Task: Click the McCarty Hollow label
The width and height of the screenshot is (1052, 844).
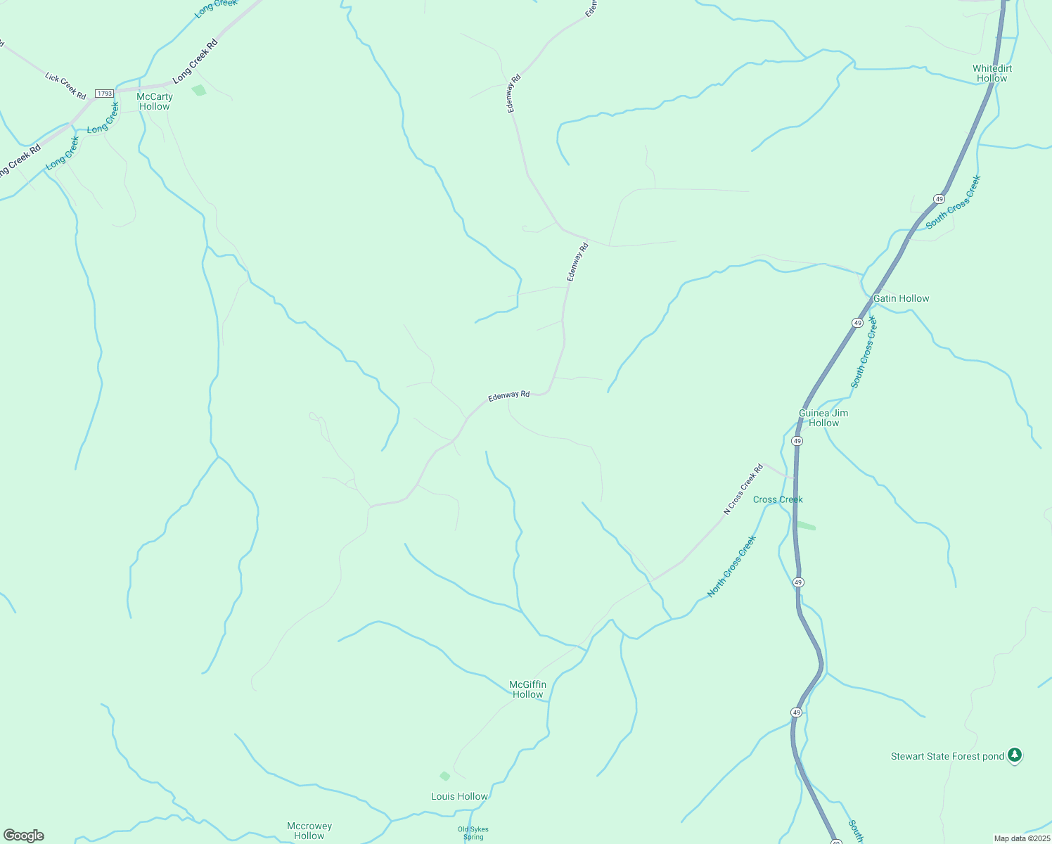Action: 155,101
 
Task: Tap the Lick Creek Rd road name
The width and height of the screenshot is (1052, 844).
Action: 65,86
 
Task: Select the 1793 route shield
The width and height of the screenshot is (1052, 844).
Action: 105,94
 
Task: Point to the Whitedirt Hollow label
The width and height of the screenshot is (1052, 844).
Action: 992,73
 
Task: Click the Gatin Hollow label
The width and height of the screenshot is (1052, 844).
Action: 901,298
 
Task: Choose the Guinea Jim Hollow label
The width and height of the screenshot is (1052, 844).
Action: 823,418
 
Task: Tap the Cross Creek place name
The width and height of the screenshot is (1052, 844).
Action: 778,499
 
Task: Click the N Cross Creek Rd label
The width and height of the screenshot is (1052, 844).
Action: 743,490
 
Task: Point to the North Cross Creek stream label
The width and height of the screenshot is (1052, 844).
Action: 731,566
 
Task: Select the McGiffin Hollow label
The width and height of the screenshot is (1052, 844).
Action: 527,689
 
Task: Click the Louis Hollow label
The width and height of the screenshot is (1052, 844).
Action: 459,796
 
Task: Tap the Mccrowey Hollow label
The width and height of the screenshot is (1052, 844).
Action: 309,831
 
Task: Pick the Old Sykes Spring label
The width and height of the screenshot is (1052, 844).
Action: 473,833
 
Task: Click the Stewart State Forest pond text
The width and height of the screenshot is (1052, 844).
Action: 947,757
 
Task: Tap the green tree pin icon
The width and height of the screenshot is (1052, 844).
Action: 1014,755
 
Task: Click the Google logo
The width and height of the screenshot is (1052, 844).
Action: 23,836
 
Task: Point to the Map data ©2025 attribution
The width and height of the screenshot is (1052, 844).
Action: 1021,838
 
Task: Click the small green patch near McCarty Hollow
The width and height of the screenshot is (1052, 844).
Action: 199,90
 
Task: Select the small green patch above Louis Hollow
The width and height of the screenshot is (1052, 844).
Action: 444,776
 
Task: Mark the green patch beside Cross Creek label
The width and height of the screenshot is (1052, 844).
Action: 806,525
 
